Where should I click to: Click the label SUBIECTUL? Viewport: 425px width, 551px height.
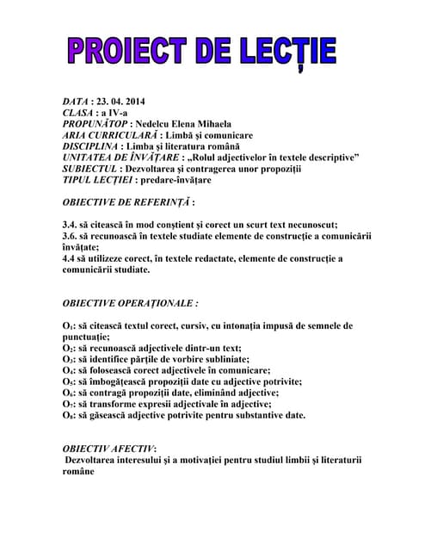pos(92,169)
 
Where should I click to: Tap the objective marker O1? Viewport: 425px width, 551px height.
pos(68,326)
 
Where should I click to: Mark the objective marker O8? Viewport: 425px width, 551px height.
pos(68,416)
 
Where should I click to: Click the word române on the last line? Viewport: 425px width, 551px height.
pos(81,473)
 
